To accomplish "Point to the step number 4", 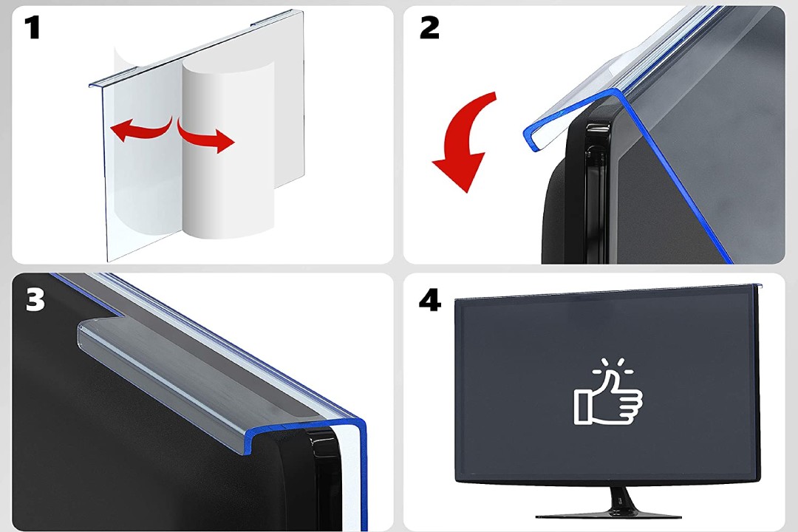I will tap(429, 300).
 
